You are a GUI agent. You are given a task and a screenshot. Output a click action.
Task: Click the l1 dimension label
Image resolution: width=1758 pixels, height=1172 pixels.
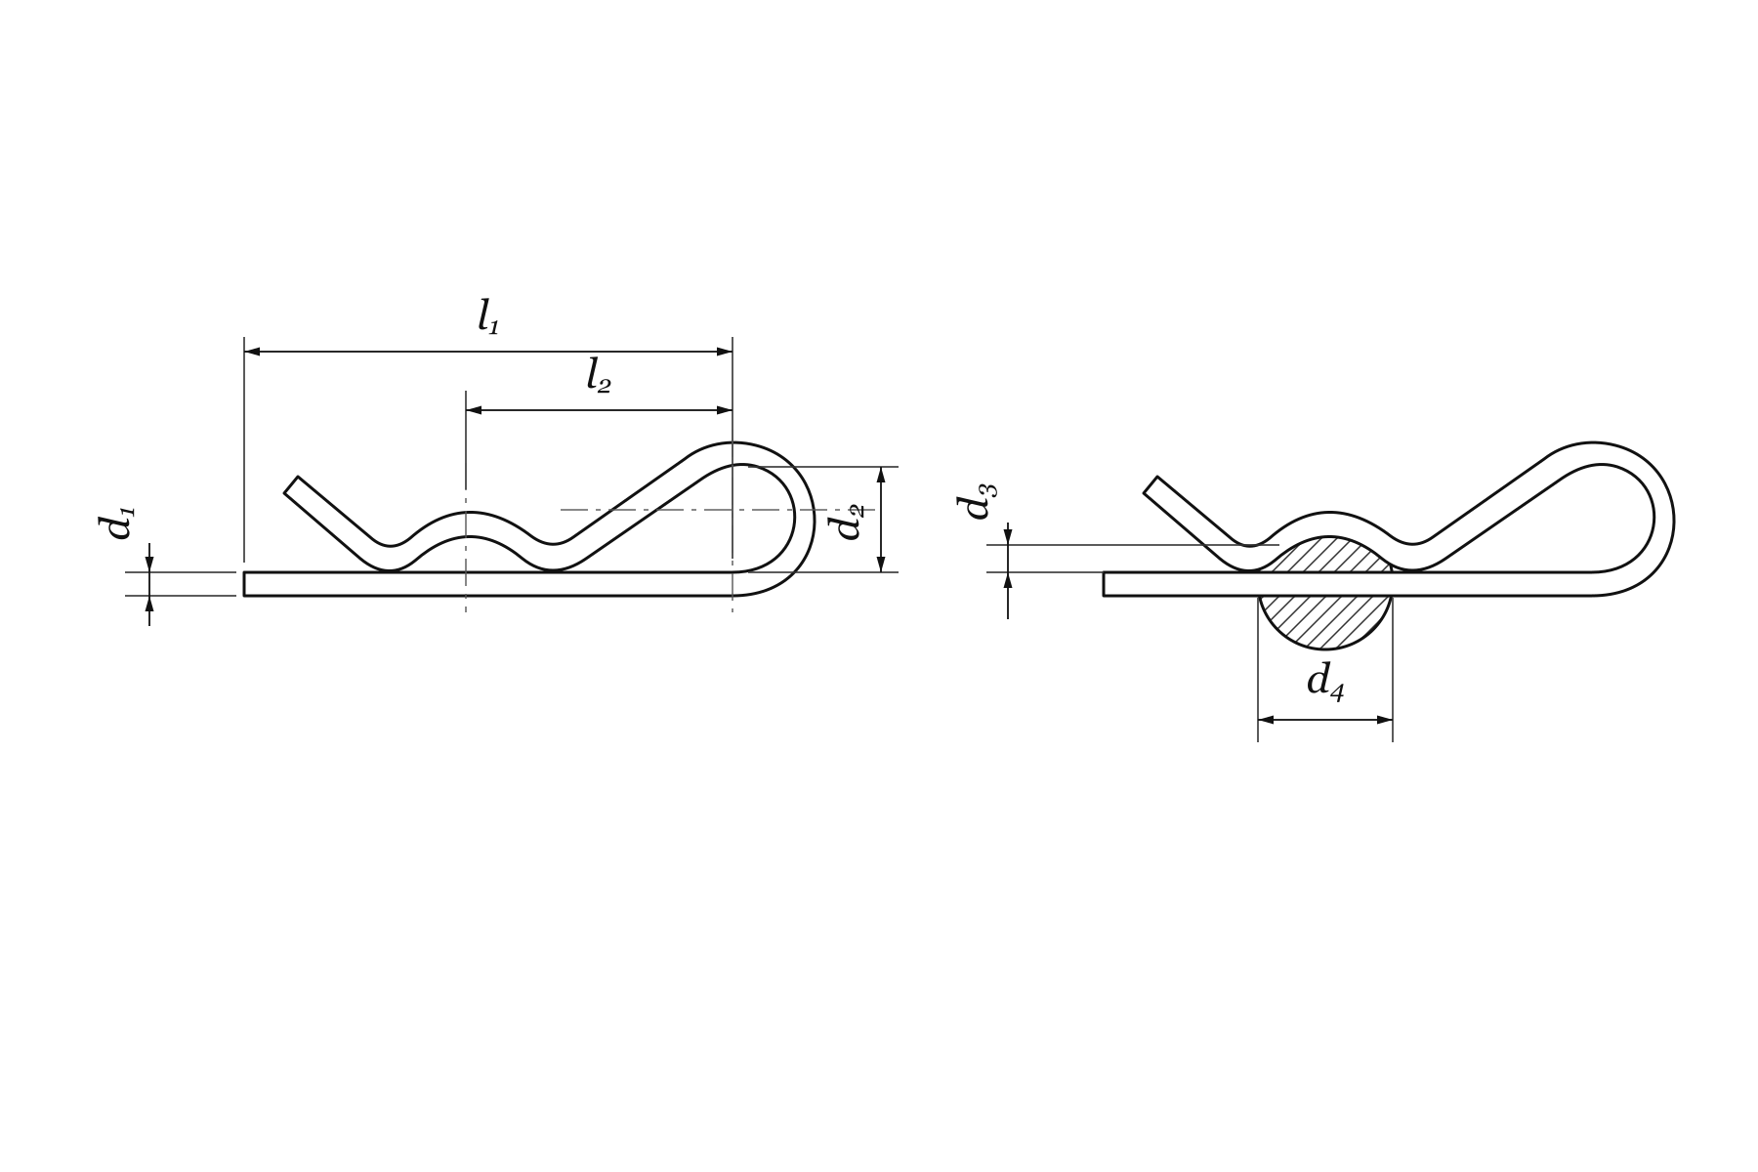pos(488,318)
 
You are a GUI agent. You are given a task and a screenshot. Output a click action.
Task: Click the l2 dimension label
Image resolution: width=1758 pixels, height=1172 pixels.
pos(598,376)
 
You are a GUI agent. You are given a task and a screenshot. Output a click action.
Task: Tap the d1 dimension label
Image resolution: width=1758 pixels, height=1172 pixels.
pos(117,522)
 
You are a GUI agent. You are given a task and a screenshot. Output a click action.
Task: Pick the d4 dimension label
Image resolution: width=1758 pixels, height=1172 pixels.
pos(1325,681)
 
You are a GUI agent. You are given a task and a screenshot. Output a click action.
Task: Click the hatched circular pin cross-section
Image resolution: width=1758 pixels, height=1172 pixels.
pos(1325,593)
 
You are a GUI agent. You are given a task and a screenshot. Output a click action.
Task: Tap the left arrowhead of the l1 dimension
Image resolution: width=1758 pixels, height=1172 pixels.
pos(252,352)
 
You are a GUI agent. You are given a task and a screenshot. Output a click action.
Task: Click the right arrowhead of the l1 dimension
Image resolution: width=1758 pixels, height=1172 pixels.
pos(725,352)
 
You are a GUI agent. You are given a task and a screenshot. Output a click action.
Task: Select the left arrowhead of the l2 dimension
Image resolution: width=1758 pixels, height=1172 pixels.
pos(475,411)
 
